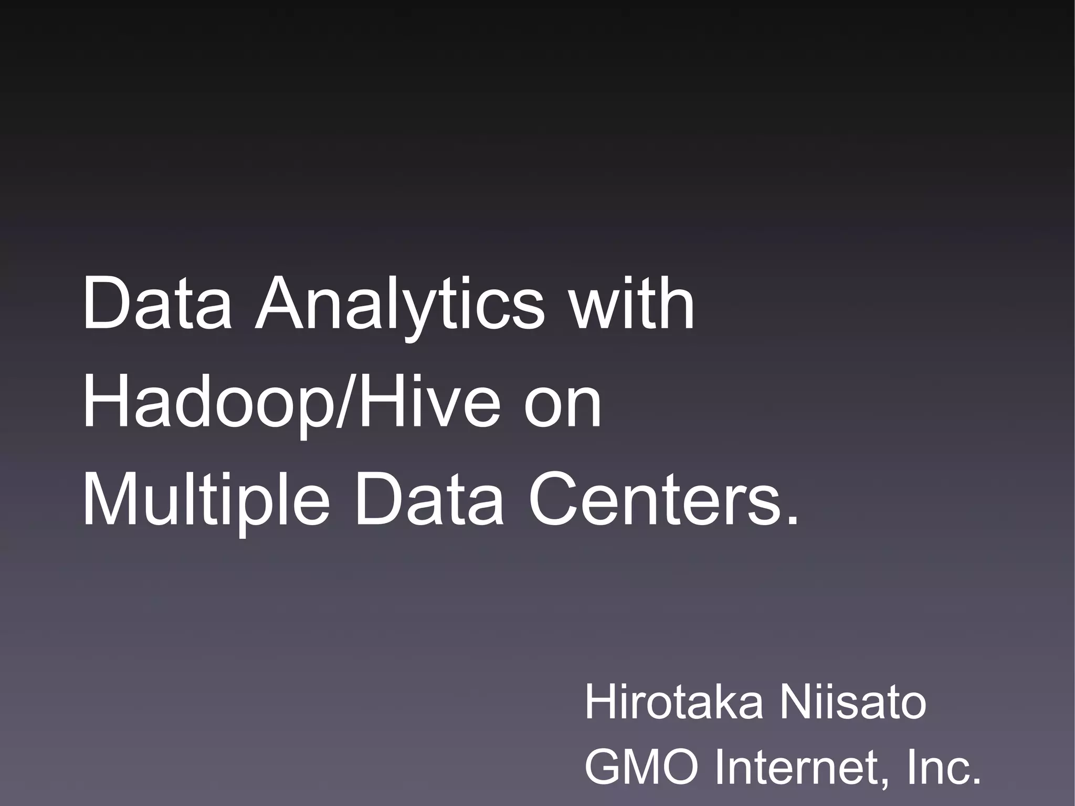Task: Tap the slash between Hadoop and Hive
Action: tap(346, 402)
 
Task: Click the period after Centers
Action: tap(792, 520)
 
